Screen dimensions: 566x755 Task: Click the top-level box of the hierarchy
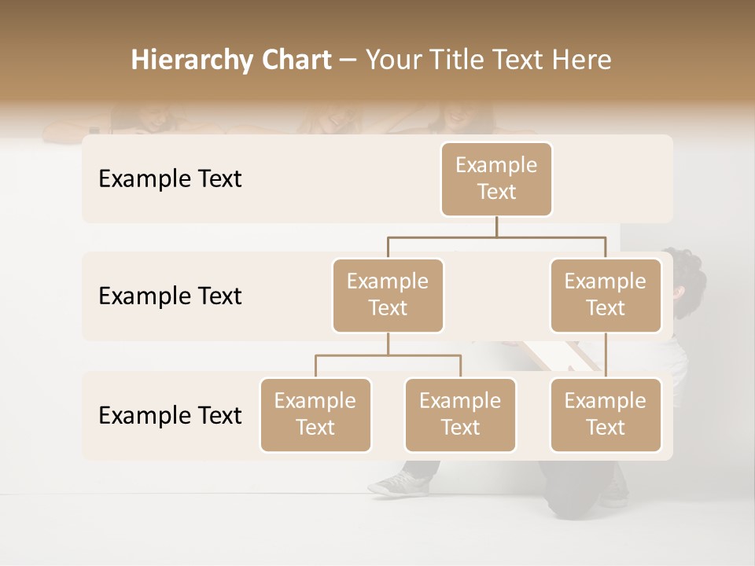(496, 178)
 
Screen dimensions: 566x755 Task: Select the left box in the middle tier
(388, 295)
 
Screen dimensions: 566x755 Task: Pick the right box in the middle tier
(605, 295)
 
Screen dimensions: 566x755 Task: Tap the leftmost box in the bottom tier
(315, 414)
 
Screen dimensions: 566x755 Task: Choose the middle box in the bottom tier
(460, 414)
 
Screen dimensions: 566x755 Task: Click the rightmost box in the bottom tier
(605, 414)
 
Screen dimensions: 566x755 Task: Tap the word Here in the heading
(581, 60)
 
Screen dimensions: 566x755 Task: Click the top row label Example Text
(170, 178)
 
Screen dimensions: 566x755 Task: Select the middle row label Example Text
(170, 296)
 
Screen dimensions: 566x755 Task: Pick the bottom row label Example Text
(170, 415)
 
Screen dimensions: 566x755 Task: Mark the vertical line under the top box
(496, 226)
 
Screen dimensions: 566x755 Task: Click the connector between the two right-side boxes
(605, 355)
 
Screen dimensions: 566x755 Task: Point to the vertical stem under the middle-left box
(388, 344)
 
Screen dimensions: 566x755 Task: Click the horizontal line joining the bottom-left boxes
(388, 355)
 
